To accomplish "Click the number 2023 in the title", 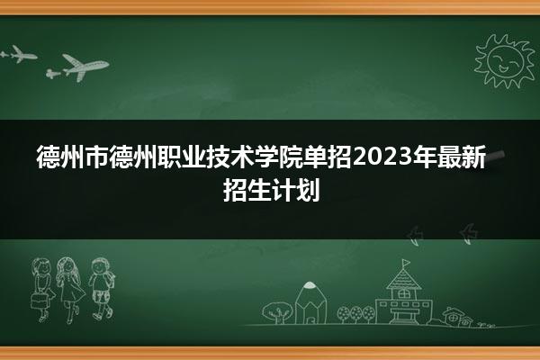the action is tap(382, 157).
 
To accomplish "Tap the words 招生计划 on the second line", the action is tap(272, 190).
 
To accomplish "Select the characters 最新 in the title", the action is tap(462, 157).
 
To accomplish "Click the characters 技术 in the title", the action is tap(230, 157).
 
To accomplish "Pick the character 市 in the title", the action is tap(97, 157).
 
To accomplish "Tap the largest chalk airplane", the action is tap(85, 67).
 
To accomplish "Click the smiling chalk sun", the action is tap(504, 61).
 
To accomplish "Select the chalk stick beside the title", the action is tap(496, 157).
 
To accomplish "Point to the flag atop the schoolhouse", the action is tap(406, 263).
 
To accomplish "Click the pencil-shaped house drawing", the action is tap(311, 302).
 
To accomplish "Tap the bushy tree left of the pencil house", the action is tap(277, 312).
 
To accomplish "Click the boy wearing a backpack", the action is tap(101, 288).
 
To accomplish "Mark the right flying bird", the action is tap(469, 234).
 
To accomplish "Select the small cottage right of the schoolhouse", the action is tap(457, 317).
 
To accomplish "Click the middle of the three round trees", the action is tap(356, 313).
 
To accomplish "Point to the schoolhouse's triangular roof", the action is tap(403, 279).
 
